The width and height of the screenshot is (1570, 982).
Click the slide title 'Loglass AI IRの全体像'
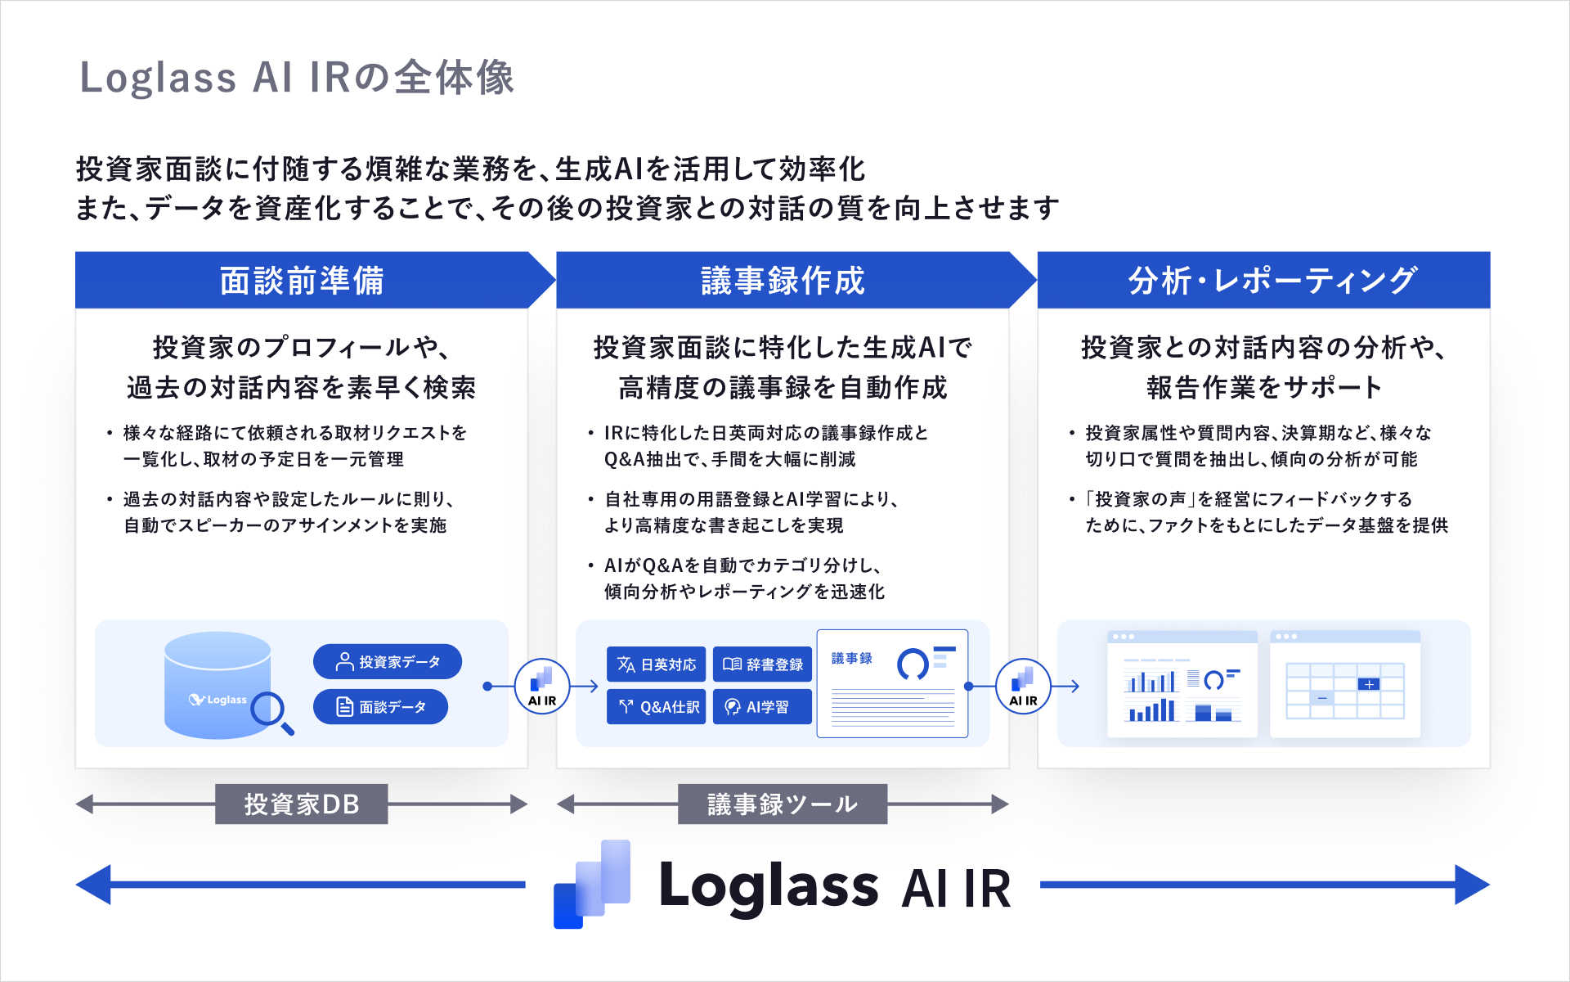(296, 78)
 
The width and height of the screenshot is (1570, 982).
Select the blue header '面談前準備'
(302, 281)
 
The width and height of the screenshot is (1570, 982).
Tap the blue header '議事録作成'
(783, 281)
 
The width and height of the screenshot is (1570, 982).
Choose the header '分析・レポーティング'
(1272, 281)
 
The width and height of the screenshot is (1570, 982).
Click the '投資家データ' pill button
(387, 661)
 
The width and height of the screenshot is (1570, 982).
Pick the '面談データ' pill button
(380, 707)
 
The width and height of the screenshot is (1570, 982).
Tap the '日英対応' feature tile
(656, 664)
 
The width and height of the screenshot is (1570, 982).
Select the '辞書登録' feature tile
(762, 664)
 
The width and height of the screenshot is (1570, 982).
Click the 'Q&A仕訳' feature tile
(656, 707)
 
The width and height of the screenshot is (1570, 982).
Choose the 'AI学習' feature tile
(762, 707)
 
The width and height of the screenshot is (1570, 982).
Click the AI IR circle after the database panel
(541, 687)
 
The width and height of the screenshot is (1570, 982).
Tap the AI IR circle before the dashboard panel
(1023, 687)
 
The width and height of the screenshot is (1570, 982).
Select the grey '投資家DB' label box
(302, 804)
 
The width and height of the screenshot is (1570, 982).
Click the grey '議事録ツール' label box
(783, 804)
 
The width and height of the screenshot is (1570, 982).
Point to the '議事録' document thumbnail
(892, 684)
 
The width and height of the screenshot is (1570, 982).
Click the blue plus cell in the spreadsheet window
(1368, 684)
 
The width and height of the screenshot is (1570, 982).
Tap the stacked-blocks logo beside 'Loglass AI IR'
(592, 885)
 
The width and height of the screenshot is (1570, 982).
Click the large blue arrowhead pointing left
(94, 885)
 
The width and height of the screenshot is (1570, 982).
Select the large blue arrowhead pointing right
(1471, 885)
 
